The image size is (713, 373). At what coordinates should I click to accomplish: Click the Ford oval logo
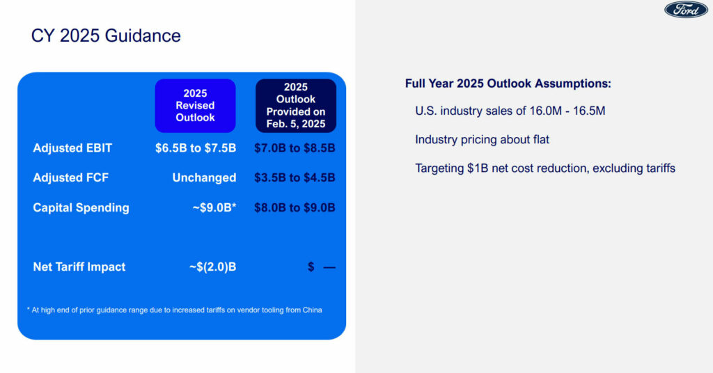pos(686,10)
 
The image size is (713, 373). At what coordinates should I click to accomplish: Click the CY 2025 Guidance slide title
pos(106,35)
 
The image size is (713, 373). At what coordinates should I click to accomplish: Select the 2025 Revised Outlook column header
pos(195,105)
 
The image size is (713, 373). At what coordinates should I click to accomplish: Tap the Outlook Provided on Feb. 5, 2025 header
pos(295,105)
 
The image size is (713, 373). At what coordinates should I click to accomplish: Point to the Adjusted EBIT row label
pos(72,148)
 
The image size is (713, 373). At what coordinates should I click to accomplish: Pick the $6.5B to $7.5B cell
pos(196,148)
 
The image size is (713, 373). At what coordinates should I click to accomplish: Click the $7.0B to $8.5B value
pos(295,148)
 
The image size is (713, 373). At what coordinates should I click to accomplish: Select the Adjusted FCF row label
pos(70,177)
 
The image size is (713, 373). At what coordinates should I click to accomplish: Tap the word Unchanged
pos(204,177)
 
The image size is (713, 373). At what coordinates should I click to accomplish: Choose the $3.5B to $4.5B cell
pos(295,177)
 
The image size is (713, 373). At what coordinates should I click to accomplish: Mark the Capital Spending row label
pos(81,207)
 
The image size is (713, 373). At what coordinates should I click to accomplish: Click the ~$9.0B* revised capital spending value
pos(214,207)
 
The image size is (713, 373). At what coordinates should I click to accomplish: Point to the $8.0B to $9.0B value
pos(295,207)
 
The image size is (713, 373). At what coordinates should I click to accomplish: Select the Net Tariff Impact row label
pos(79,267)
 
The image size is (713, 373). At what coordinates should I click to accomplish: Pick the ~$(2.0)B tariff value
pos(213,267)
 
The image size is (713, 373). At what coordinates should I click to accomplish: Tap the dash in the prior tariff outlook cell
pos(329,268)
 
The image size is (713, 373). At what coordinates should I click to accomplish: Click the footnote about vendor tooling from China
pos(175,310)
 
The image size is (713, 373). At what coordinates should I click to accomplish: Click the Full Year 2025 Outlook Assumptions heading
pos(508,84)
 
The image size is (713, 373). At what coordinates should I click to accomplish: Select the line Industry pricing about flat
pos(482,139)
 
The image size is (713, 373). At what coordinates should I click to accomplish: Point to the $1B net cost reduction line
pos(545,168)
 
